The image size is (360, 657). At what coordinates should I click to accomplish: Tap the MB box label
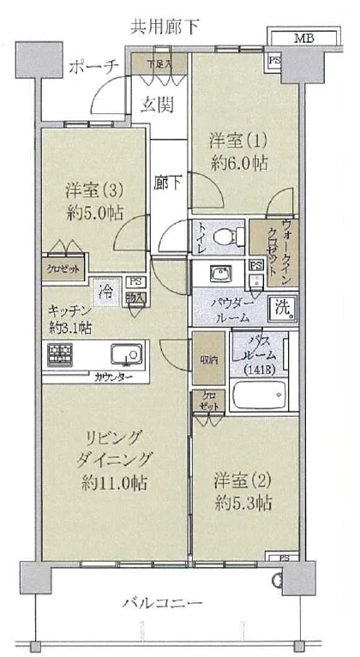tap(304, 38)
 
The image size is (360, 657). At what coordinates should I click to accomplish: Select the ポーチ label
tap(93, 68)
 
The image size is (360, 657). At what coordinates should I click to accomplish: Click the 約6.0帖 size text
tap(237, 163)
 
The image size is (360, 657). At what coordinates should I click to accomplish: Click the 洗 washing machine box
tap(282, 306)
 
